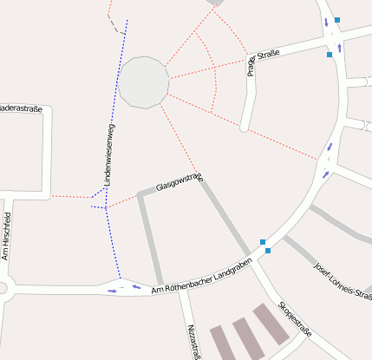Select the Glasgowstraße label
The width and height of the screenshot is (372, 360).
click(x=179, y=182)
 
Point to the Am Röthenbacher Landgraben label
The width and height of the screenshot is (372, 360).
click(x=201, y=273)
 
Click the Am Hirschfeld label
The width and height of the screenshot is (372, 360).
click(x=5, y=235)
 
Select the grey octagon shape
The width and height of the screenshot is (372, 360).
click(x=143, y=82)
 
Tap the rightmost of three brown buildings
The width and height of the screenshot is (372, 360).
click(x=271, y=323)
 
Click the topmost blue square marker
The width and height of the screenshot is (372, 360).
click(x=336, y=19)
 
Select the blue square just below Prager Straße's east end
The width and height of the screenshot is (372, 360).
click(x=330, y=55)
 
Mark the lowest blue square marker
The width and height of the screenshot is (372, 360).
click(x=268, y=252)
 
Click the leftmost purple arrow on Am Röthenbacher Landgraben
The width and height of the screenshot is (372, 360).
click(x=112, y=291)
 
